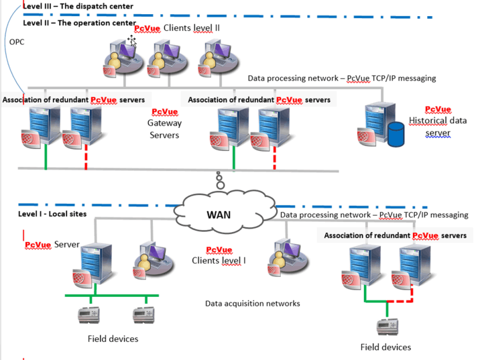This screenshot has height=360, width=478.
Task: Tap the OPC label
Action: [17, 42]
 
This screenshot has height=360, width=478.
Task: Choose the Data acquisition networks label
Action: [252, 304]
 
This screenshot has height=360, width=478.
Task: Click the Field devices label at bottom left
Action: [113, 339]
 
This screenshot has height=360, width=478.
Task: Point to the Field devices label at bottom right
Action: [385, 347]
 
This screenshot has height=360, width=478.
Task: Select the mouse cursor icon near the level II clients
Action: [132, 42]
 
